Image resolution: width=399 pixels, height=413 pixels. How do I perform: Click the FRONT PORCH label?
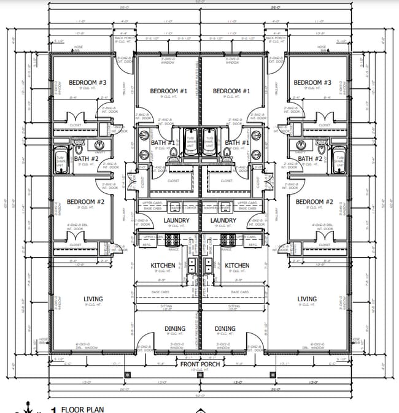199,364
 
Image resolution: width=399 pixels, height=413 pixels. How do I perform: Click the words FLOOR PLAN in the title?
82,409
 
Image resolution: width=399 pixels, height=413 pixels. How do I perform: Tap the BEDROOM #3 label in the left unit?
87,83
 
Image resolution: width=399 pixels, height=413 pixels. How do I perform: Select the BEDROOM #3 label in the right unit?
312,83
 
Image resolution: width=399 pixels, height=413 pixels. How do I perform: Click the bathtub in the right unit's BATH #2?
339,162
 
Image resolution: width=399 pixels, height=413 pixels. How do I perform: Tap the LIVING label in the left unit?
93,299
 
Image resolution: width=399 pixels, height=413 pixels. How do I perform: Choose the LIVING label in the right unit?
307,299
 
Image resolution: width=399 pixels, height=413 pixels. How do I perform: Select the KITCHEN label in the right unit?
237,266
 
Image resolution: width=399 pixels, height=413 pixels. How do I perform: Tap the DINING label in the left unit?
175,329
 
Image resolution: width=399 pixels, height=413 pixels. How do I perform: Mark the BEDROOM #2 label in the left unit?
86,202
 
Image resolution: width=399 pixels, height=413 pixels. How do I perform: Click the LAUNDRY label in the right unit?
223,220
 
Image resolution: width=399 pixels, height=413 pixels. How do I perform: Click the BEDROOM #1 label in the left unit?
166,91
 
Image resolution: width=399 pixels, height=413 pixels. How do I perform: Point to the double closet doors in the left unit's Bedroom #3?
76,118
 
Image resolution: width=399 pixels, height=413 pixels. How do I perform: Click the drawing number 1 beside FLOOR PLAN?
54,409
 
